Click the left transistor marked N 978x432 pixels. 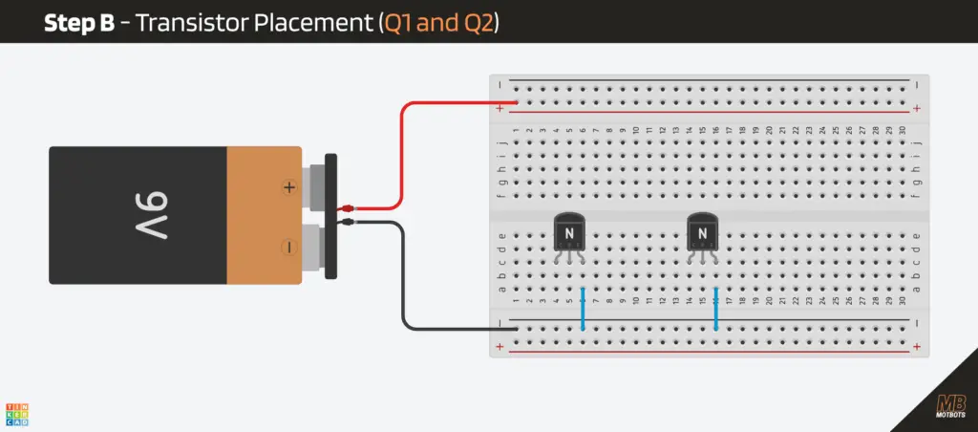coord(569,232)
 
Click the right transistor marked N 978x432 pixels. coord(702,232)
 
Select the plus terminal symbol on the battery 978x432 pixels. coord(288,187)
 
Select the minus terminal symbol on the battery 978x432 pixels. coord(288,248)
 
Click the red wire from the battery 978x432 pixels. coord(402,143)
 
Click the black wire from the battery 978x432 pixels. coord(402,287)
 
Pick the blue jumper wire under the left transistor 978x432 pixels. coord(583,308)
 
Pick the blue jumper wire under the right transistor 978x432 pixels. coord(715,308)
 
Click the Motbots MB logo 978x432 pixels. coord(950,405)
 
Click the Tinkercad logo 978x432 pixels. coord(17,413)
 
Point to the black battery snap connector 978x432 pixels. coord(330,216)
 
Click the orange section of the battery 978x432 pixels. coord(264,216)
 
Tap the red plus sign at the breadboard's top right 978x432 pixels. coord(916,109)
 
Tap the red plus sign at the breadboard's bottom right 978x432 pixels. coord(916,346)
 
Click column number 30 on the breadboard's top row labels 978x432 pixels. coord(902,130)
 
